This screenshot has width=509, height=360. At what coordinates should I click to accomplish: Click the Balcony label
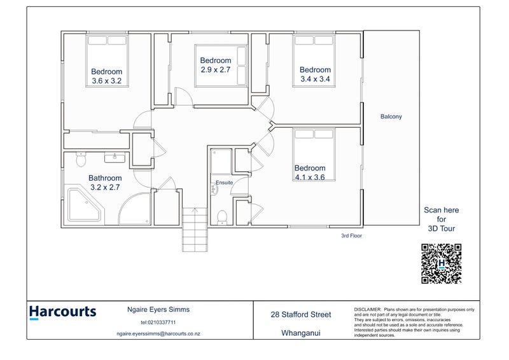point(391,116)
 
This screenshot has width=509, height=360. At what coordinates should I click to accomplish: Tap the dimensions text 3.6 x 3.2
point(106,81)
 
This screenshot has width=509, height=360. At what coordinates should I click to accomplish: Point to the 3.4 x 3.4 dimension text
point(316,80)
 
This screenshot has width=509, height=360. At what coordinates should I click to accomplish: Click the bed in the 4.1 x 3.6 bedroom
point(312,153)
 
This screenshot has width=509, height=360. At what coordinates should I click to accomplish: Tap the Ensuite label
point(224,183)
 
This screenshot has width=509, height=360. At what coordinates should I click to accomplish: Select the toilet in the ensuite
point(221,216)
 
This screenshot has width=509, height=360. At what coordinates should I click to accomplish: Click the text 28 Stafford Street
point(301,314)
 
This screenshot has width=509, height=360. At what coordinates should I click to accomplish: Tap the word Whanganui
point(301,333)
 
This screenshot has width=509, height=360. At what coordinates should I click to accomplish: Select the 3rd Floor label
point(352,235)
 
